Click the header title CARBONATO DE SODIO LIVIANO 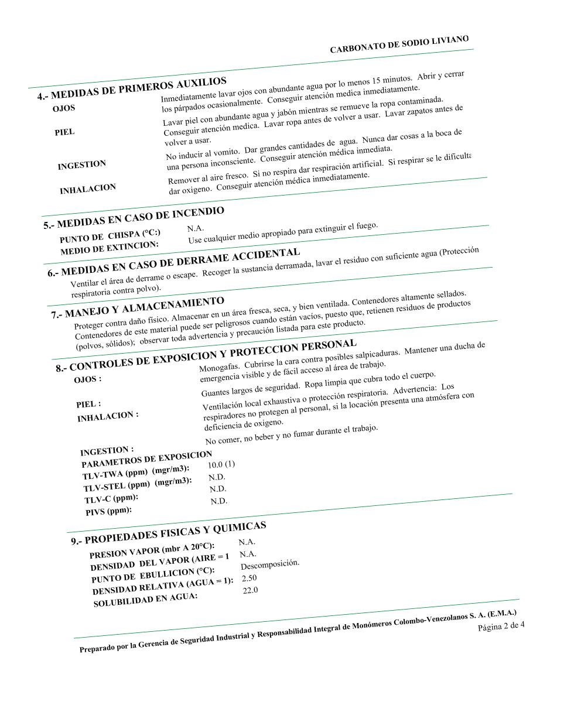(399, 45)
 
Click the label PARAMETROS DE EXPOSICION (146, 459)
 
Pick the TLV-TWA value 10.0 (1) (221, 465)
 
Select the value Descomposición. (269, 564)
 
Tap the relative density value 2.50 (249, 578)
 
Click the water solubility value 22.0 (250, 590)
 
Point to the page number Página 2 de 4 (501, 626)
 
